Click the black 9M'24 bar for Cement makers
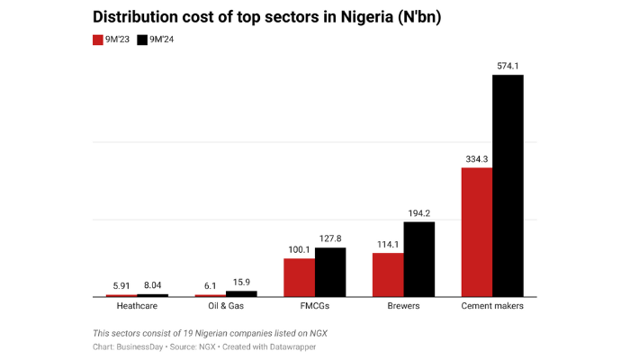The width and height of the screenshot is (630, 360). [x=508, y=185]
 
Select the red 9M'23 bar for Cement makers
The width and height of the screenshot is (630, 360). [x=477, y=231]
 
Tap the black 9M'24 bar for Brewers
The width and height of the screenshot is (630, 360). [x=418, y=258]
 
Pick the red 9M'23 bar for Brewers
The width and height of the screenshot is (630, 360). [x=388, y=274]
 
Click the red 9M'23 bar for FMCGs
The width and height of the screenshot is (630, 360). [x=299, y=277]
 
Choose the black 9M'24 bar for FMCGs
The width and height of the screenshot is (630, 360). [x=330, y=272]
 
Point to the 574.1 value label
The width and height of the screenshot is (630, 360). [x=508, y=66]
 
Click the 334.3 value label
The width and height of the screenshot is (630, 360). [x=477, y=158]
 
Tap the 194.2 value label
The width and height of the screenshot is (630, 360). [x=418, y=212]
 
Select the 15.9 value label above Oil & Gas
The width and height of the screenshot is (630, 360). [x=241, y=282]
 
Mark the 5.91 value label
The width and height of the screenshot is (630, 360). [x=121, y=285]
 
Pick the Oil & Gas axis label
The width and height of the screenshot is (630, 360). [x=225, y=307]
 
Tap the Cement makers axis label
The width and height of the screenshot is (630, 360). [x=492, y=307]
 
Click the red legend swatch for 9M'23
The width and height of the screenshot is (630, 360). [x=99, y=40]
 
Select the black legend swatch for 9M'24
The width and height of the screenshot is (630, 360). [x=142, y=40]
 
